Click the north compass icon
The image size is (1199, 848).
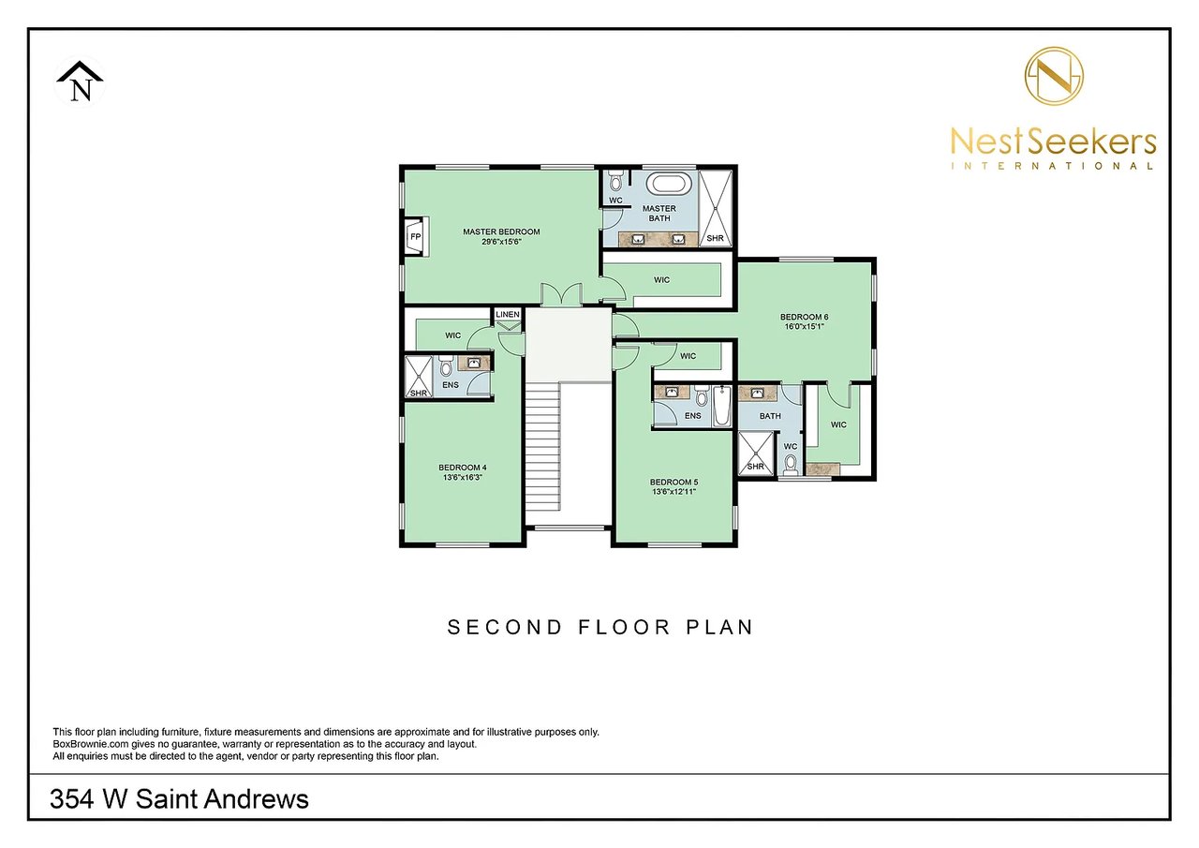pos(80,82)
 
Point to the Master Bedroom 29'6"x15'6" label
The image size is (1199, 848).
pos(501,236)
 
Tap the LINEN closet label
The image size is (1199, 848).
pos(508,315)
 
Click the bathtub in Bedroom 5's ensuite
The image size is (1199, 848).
pos(721,406)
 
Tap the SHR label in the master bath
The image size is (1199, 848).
pos(715,239)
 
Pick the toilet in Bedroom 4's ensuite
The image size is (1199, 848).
pos(446,367)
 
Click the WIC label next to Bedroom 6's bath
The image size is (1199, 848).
pos(837,424)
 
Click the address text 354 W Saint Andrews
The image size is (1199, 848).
pos(179,799)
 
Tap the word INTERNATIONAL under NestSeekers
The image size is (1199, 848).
pos(1052,166)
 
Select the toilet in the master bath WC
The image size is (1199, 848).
pos(615,181)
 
